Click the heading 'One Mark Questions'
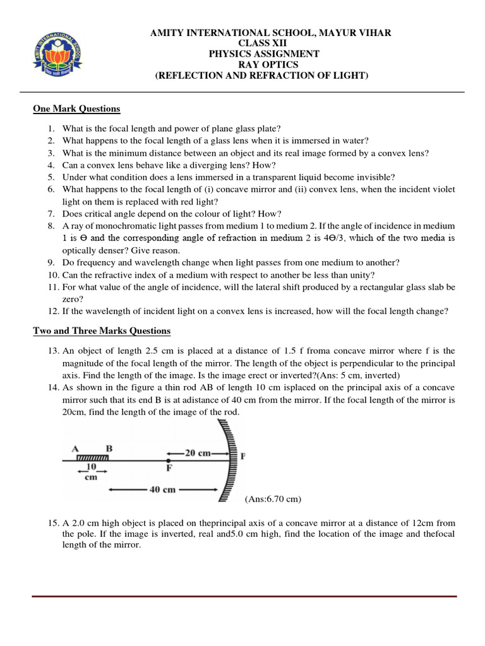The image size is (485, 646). pos(76,109)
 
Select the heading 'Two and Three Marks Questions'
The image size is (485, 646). pos(102,331)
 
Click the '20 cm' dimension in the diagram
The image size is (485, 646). pos(198,452)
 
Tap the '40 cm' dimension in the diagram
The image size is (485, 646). pos(166,489)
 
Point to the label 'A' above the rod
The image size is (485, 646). pos(75,449)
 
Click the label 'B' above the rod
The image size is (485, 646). pos(109,449)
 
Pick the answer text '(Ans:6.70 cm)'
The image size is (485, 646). pos(273,499)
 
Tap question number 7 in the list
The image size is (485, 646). pos(51,214)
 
